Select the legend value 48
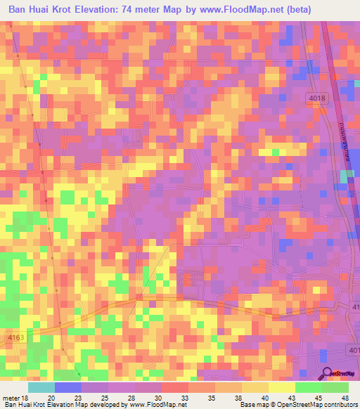344,397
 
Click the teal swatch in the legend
41,387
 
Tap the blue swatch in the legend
68,387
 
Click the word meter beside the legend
11,397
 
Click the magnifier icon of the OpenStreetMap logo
326,373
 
